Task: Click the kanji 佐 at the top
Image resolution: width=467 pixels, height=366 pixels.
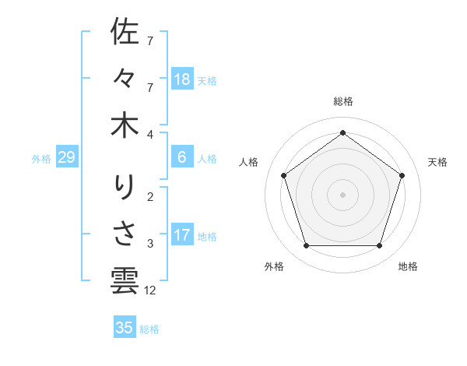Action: [x=125, y=32]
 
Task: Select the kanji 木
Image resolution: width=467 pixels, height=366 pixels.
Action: [x=125, y=125]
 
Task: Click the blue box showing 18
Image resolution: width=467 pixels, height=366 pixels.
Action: [x=182, y=79]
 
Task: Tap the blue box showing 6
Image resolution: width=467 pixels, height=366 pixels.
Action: [x=182, y=158]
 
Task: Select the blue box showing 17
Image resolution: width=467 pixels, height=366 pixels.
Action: [x=182, y=235]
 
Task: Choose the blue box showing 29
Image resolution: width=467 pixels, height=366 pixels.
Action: [x=66, y=158]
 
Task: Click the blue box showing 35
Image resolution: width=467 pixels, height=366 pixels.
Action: [x=125, y=328]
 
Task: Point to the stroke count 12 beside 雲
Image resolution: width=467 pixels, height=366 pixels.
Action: [x=151, y=290]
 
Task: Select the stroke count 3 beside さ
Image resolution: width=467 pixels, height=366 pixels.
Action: [x=150, y=244]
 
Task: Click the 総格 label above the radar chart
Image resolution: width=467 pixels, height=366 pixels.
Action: [x=342, y=101]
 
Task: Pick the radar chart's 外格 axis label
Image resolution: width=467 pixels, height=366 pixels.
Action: [x=274, y=266]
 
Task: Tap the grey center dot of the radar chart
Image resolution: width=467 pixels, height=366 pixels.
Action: [x=342, y=194]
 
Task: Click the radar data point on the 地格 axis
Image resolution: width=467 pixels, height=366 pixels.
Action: [x=379, y=246]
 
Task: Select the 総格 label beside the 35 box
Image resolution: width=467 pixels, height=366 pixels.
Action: [x=149, y=329]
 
